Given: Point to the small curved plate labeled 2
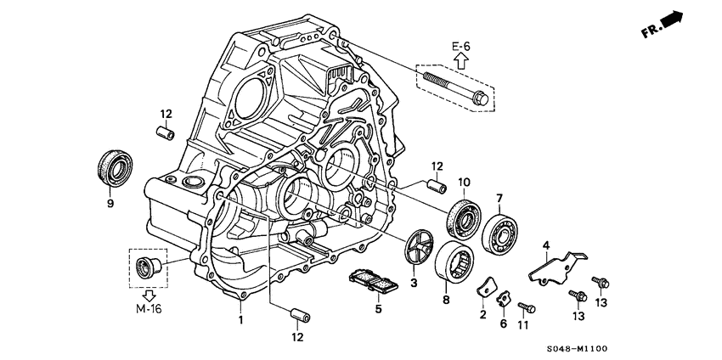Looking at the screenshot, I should pyautogui.click(x=484, y=289).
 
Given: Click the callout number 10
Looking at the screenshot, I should pyautogui.click(x=464, y=182).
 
